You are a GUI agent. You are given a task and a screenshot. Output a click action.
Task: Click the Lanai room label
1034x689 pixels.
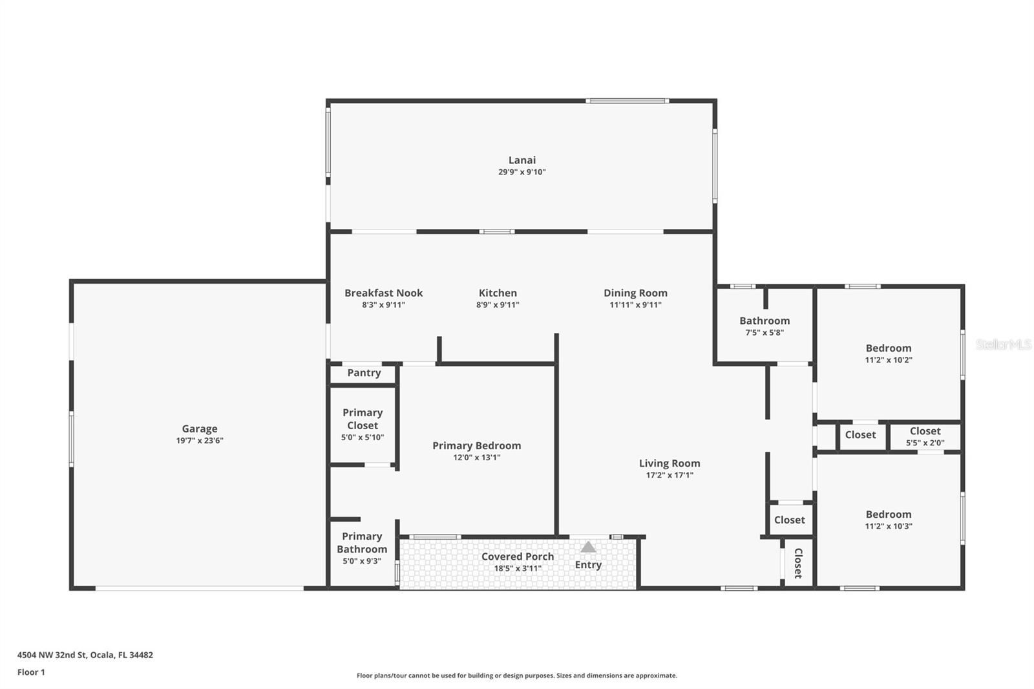pyautogui.click(x=522, y=160)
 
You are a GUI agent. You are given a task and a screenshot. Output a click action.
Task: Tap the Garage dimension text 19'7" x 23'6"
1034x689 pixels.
pyautogui.click(x=200, y=441)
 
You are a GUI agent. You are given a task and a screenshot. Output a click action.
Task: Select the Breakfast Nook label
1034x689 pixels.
pyautogui.click(x=384, y=293)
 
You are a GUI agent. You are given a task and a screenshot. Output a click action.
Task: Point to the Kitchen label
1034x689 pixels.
pyautogui.click(x=498, y=293)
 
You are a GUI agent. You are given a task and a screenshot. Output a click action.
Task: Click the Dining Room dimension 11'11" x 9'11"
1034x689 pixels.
pyautogui.click(x=636, y=305)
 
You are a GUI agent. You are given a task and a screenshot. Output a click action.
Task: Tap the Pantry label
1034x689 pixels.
pyautogui.click(x=364, y=373)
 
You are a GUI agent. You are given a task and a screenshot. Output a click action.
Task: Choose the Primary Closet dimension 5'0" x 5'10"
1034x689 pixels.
pyautogui.click(x=363, y=438)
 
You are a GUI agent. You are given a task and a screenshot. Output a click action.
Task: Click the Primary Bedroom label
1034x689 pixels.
pyautogui.click(x=477, y=445)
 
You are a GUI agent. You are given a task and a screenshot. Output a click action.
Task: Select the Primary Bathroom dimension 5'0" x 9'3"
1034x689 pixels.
pyautogui.click(x=362, y=562)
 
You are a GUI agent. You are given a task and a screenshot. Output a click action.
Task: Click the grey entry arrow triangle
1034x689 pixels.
pyautogui.click(x=588, y=547)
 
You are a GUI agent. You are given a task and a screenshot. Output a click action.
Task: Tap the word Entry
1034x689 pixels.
pyautogui.click(x=588, y=565)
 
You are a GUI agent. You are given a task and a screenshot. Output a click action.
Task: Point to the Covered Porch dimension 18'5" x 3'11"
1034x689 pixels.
pyautogui.click(x=518, y=569)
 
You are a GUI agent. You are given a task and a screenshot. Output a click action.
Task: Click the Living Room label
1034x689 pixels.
pyautogui.click(x=670, y=463)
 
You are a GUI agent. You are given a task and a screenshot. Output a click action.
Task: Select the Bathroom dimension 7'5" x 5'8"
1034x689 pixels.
pyautogui.click(x=765, y=332)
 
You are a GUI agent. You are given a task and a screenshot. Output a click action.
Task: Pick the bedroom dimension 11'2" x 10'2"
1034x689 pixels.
pyautogui.click(x=889, y=360)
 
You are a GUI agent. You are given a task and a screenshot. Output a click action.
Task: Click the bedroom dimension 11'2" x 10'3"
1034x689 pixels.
pyautogui.click(x=889, y=526)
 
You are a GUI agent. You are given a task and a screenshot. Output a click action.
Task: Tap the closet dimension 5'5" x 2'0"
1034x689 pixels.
pyautogui.click(x=925, y=443)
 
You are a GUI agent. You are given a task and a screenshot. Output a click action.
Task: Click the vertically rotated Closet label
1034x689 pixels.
pyautogui.click(x=798, y=564)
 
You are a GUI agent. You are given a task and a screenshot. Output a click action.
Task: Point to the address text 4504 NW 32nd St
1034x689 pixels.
pyautogui.click(x=52, y=655)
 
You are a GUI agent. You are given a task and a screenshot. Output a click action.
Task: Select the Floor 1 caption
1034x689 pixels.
pyautogui.click(x=32, y=672)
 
